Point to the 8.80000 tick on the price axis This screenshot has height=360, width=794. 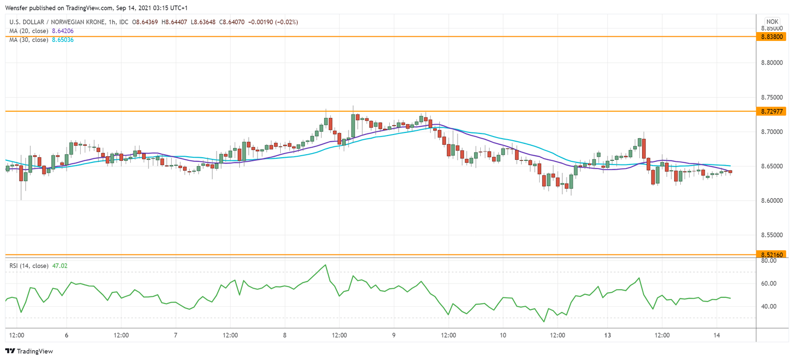pyautogui.click(x=771, y=63)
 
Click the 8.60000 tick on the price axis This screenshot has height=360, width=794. pyautogui.click(x=771, y=201)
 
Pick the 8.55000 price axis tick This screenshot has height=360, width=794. pyautogui.click(x=771, y=235)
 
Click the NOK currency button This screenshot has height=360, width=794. pyautogui.click(x=772, y=22)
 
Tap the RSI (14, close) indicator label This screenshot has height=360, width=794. pyautogui.click(x=27, y=266)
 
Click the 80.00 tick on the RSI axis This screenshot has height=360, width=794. pyautogui.click(x=769, y=261)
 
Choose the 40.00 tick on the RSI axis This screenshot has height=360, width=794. pyautogui.click(x=769, y=306)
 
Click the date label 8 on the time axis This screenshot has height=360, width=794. pyautogui.click(x=285, y=335)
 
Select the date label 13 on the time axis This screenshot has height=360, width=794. pyautogui.click(x=608, y=335)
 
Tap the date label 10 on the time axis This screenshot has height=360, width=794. pyautogui.click(x=503, y=335)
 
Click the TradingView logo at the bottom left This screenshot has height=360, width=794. pyautogui.click(x=29, y=351)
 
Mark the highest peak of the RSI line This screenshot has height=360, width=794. pyautogui.click(x=325, y=265)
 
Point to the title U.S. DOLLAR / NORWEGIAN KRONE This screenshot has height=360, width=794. pyautogui.click(x=61, y=22)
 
